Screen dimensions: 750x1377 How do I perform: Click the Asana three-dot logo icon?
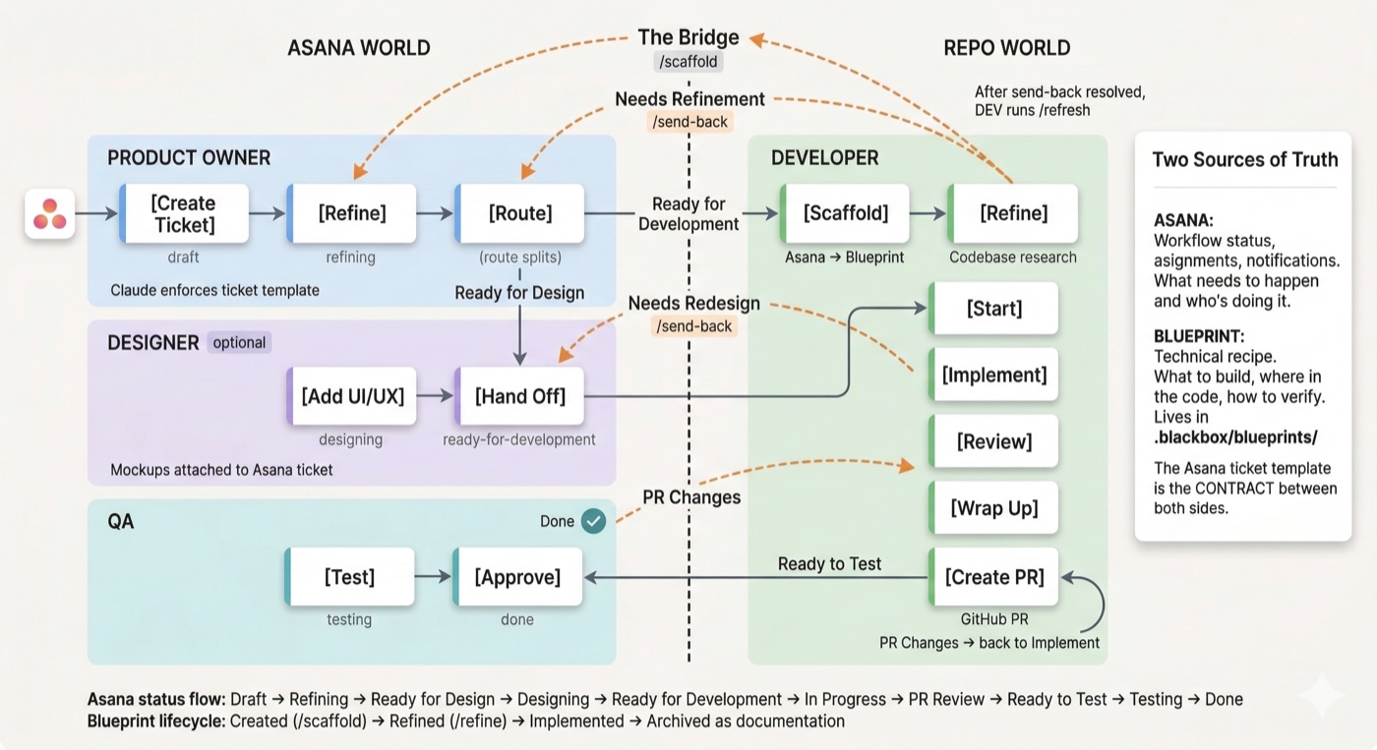50,213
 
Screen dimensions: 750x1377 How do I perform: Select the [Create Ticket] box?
183,213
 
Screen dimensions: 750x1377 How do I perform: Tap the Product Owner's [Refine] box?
351,213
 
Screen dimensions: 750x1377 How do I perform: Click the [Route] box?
520,213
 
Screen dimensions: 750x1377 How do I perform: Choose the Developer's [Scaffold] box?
844,213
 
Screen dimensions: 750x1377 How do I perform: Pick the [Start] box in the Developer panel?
994,309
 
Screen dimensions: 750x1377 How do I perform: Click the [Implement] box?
994,375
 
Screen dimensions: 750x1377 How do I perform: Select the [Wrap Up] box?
994,508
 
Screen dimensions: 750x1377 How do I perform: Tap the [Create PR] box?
994,577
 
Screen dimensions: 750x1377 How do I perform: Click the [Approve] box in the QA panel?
517,577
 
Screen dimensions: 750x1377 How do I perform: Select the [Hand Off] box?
519,396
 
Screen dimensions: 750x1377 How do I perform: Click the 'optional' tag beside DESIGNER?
239,343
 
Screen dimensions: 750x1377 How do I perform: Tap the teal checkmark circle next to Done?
593,521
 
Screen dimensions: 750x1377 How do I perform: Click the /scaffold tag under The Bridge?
688,62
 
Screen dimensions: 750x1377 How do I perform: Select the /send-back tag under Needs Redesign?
693,326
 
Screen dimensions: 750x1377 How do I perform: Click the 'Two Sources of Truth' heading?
1244,160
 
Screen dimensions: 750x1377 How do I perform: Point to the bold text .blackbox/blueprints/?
1235,437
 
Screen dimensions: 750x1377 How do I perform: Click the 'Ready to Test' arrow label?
829,564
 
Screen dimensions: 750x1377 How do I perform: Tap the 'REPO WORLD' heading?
1006,48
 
